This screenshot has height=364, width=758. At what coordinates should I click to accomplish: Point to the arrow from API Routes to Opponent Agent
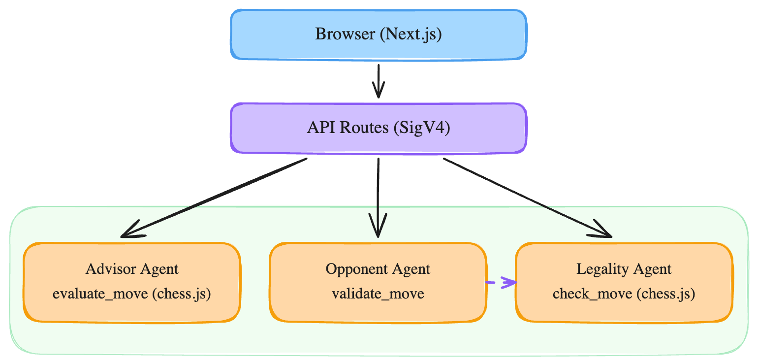378,197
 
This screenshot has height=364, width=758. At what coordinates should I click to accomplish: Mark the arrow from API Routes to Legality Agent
527,197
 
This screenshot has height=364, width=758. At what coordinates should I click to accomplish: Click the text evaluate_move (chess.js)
132,295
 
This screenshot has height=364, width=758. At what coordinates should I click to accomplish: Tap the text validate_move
378,295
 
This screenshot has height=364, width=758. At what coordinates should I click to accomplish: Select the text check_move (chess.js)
624,295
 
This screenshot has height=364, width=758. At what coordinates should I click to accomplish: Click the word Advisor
105,269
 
